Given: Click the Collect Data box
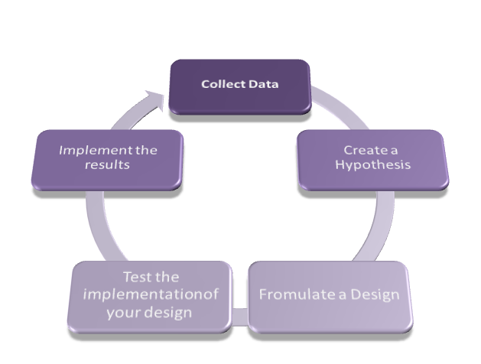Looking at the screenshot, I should pyautogui.click(x=239, y=86).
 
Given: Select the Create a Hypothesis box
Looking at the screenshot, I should pyautogui.click(x=372, y=160).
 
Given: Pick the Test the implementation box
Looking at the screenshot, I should pyautogui.click(x=151, y=297).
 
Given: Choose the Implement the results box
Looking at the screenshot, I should pyautogui.click(x=108, y=159).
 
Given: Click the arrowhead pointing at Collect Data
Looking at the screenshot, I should pyautogui.click(x=156, y=97).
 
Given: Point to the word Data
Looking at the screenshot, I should pyautogui.click(x=263, y=83).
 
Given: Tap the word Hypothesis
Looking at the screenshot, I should pyautogui.click(x=372, y=166).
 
